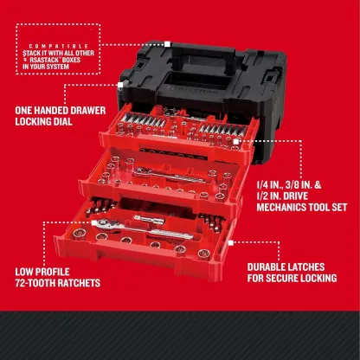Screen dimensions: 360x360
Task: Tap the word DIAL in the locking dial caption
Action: [x=84, y=123]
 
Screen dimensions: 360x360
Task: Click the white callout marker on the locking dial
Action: [x=122, y=85]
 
